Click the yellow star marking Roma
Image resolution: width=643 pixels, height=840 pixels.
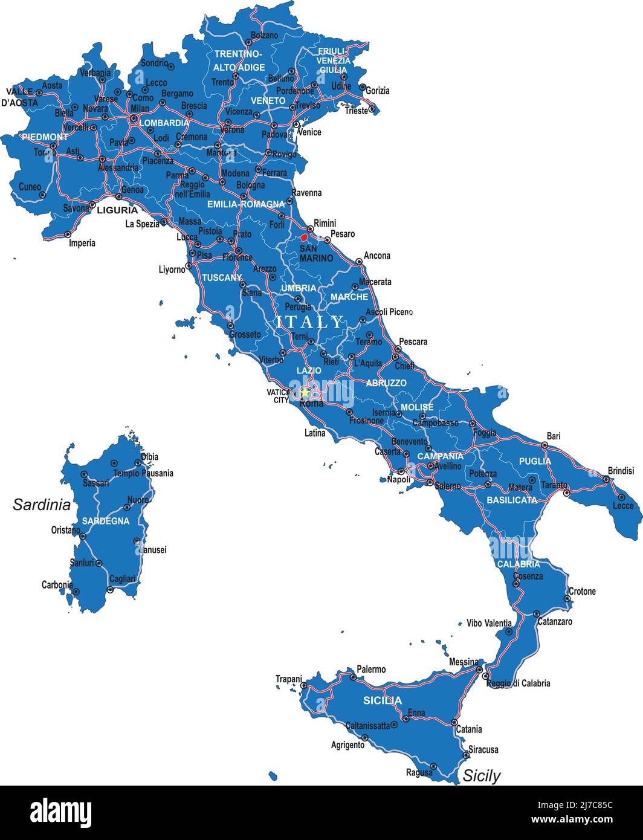click(305, 392)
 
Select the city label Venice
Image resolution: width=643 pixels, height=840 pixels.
click(310, 132)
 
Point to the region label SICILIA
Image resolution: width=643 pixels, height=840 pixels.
click(382, 700)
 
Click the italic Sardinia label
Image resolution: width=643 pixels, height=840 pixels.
click(42, 505)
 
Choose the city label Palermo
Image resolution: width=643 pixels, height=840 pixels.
click(371, 670)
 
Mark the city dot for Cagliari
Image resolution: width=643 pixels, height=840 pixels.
click(110, 589)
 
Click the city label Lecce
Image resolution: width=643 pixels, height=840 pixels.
click(624, 505)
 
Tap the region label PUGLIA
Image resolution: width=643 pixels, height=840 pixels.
click(535, 461)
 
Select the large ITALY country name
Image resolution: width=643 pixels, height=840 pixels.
click(309, 322)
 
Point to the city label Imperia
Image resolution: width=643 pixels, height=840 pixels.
click(82, 243)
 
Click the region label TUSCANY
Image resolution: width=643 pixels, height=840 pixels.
click(222, 278)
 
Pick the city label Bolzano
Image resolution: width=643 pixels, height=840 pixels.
click(264, 36)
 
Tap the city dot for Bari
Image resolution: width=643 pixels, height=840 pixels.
click(544, 445)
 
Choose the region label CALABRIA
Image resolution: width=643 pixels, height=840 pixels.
click(519, 564)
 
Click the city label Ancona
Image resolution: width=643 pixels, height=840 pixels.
click(377, 256)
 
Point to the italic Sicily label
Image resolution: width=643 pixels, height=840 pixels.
click(482, 776)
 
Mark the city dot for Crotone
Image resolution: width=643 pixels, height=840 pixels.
click(567, 599)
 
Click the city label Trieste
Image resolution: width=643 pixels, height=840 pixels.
click(357, 111)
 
